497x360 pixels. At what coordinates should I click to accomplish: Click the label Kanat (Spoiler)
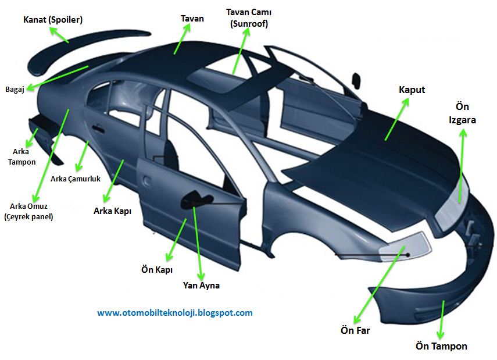(x=53, y=20)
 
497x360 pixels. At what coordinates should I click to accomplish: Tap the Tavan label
(x=192, y=19)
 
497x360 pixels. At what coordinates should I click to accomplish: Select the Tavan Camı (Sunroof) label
(x=249, y=17)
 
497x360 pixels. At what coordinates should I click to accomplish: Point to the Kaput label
(x=412, y=90)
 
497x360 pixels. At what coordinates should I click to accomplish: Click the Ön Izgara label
(x=462, y=113)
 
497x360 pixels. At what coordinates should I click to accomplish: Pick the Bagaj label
(x=15, y=89)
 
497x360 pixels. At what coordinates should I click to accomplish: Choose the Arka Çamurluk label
(x=76, y=179)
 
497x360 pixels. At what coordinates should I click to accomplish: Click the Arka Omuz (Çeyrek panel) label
(x=28, y=211)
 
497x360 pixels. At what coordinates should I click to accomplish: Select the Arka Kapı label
(x=112, y=211)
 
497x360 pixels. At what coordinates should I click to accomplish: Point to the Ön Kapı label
(x=157, y=270)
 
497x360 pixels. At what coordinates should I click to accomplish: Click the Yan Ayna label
(x=201, y=286)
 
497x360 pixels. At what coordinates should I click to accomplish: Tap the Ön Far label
(x=355, y=330)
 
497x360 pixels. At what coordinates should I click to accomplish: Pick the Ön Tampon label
(x=441, y=346)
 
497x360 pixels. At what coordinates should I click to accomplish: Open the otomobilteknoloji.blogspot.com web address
(x=175, y=313)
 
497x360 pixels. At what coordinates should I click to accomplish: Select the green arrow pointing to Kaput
(x=396, y=119)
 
